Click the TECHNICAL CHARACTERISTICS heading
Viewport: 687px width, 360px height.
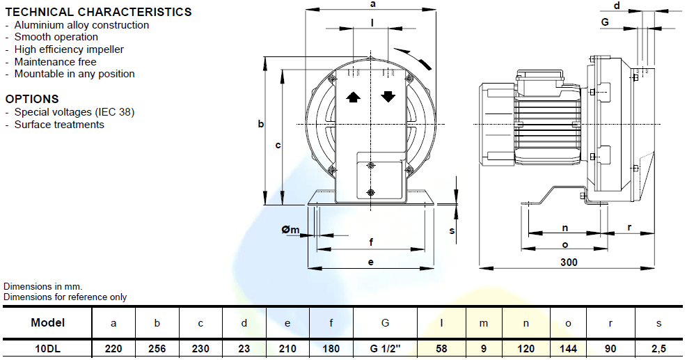(98, 12)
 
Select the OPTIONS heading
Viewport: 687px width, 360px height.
(32, 99)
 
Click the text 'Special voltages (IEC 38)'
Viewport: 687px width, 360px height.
(74, 112)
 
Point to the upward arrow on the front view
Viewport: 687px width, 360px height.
(353, 97)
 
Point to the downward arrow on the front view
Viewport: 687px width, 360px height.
(388, 97)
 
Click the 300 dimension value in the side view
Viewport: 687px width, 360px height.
(569, 263)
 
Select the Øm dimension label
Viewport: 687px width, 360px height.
(290, 230)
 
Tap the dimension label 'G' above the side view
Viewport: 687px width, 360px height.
(605, 22)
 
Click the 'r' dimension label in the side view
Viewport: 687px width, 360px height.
(629, 227)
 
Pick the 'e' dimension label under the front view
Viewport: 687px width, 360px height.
(371, 263)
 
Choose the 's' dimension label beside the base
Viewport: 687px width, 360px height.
(452, 230)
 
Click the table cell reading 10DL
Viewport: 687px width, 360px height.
(48, 348)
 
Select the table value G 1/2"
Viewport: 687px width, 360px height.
(385, 348)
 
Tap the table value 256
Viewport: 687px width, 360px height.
(157, 348)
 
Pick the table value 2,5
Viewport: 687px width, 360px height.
(658, 348)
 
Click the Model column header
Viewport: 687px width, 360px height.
(48, 322)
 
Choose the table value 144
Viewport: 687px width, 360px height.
(569, 348)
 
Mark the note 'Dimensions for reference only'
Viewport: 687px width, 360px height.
(65, 297)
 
